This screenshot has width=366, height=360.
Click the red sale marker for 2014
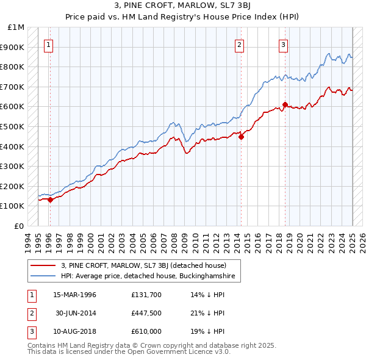tap(241, 137)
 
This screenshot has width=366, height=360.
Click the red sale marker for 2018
tap(285, 104)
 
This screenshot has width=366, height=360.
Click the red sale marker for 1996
tap(50, 200)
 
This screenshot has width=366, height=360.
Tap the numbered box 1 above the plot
tap(48, 44)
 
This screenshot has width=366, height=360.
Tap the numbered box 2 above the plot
tap(239, 44)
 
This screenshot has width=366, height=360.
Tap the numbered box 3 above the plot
tap(284, 44)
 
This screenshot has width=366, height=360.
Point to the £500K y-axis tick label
tap(12, 126)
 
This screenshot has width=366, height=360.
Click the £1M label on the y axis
tap(16, 27)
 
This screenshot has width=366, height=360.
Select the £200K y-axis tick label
tap(12, 186)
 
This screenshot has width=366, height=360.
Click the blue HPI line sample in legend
tap(43, 276)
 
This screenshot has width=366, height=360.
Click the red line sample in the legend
tap(43, 265)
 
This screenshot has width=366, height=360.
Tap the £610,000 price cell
tap(146, 332)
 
